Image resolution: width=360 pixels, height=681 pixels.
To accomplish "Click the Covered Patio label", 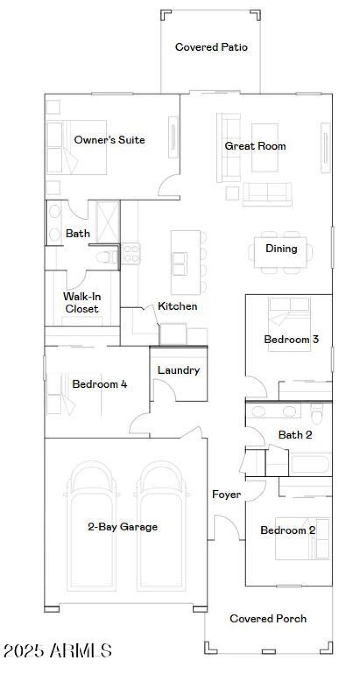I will (x=211, y=47).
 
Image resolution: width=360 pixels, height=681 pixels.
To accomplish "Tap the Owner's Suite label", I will (x=109, y=140).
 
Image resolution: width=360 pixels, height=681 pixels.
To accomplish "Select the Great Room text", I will (x=255, y=146).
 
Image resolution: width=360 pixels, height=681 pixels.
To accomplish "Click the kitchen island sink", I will (x=179, y=264).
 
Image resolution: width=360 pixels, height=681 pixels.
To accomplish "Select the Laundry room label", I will (x=178, y=371).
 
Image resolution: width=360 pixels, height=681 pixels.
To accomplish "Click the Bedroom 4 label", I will (x=99, y=384).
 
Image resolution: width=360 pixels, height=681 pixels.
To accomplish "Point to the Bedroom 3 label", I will (x=291, y=339).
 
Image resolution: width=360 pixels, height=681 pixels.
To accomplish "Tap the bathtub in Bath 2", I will (x=311, y=464).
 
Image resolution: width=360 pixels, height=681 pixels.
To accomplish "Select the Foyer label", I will (x=226, y=495).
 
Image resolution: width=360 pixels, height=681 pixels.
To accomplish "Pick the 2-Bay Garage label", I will (x=122, y=527).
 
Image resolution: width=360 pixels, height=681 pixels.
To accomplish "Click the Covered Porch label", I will (x=268, y=618).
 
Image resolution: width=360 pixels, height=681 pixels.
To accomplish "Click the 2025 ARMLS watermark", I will (x=58, y=650).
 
